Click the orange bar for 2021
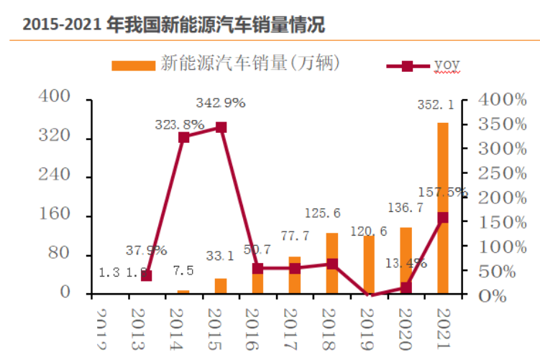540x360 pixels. (442, 208)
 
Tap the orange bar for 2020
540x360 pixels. (406, 260)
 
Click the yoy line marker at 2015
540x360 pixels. (221, 128)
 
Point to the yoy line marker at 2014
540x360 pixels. (183, 137)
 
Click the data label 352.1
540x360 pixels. (436, 106)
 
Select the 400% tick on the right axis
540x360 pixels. (493, 99)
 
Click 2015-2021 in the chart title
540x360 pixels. (61, 27)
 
